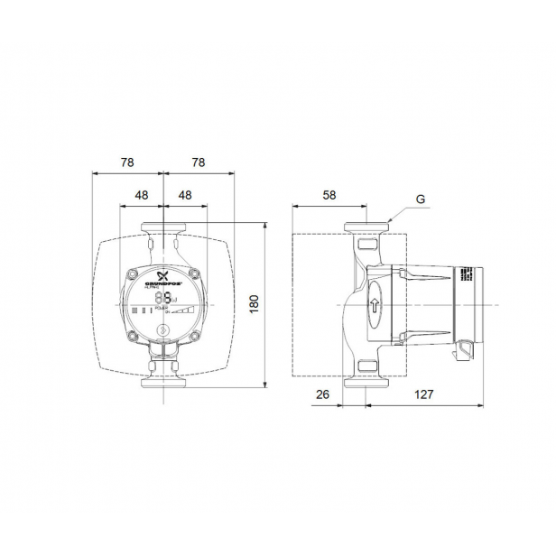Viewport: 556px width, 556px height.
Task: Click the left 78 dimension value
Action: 126,162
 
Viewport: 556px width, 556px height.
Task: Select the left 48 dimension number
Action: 141,195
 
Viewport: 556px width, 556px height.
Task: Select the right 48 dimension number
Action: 184,195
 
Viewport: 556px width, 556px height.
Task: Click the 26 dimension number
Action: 322,394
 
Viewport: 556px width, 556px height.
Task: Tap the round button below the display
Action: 162,329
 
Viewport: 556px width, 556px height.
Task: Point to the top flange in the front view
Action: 162,229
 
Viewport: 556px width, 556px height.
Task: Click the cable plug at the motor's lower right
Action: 465,347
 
